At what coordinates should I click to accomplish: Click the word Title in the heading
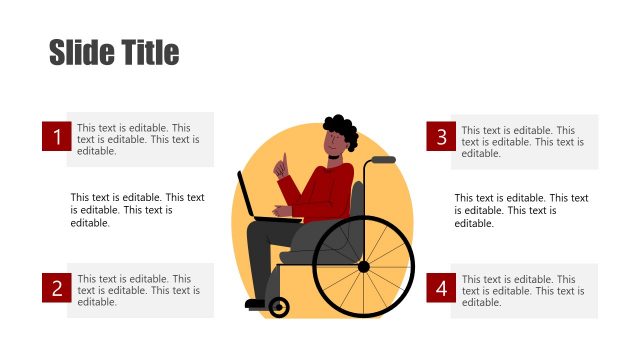tap(148, 52)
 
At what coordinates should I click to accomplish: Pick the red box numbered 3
tap(440, 138)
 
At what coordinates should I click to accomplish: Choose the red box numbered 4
tap(440, 289)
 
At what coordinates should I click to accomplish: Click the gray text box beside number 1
tap(140, 139)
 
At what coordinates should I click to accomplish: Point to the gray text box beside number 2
tap(140, 290)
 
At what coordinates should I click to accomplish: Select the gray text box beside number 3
tap(524, 141)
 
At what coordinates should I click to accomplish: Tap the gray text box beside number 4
tap(524, 291)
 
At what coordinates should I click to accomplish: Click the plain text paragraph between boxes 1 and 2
tap(137, 210)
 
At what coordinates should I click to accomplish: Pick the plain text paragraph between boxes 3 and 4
tap(521, 210)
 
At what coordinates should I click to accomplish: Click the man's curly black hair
tap(340, 130)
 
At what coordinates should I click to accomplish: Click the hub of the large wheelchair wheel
tap(363, 266)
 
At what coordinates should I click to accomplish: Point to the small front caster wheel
tap(279, 308)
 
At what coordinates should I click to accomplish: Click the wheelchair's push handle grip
tap(383, 159)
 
